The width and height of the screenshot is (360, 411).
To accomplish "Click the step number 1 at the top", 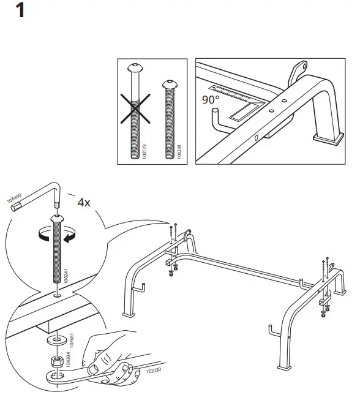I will coord(20,11).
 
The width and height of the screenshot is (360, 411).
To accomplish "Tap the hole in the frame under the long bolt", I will coord(58,295).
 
